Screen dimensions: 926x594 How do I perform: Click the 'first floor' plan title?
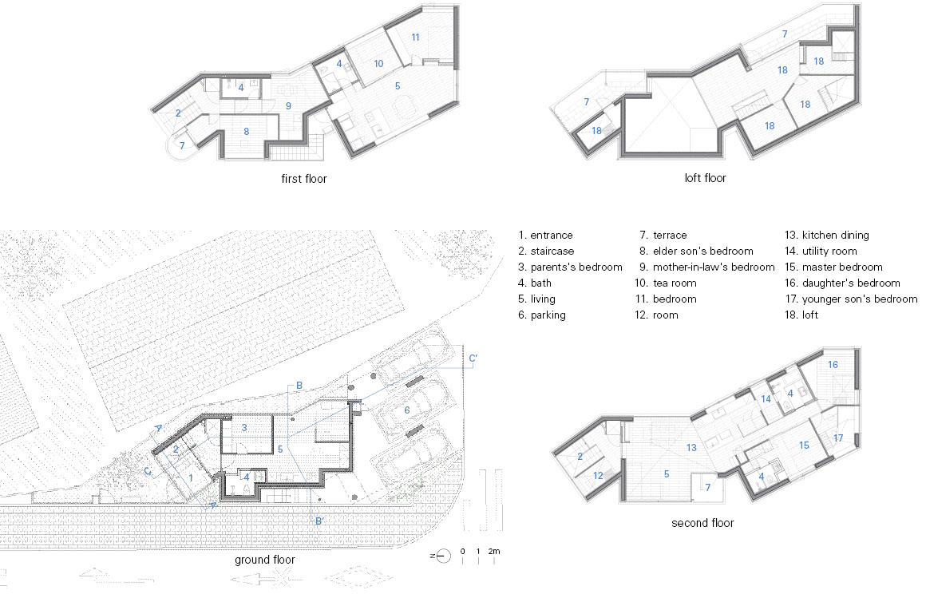(x=303, y=178)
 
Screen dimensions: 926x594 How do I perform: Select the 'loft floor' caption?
(x=705, y=178)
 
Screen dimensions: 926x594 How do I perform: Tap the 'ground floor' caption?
(x=264, y=560)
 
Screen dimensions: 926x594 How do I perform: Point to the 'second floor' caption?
(x=702, y=523)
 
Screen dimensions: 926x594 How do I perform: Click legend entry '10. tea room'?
(x=666, y=283)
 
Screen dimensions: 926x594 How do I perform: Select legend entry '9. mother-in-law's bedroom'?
(x=707, y=267)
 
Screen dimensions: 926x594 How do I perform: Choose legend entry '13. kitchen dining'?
(x=827, y=235)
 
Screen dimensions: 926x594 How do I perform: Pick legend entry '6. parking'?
(x=541, y=315)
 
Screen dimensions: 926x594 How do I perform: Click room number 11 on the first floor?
(x=415, y=38)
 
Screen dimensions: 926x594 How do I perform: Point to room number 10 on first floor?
(x=378, y=63)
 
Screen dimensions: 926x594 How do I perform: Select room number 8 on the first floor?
(x=246, y=131)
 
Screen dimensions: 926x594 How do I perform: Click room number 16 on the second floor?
(x=833, y=364)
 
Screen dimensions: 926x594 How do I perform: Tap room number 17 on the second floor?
(x=838, y=438)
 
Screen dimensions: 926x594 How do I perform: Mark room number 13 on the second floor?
(x=691, y=448)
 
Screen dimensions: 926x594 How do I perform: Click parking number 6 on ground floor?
(x=407, y=410)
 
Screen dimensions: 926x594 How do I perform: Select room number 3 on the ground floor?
(x=244, y=427)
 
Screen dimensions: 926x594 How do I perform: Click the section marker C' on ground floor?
(x=473, y=358)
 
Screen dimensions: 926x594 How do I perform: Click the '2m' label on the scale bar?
(x=493, y=552)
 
